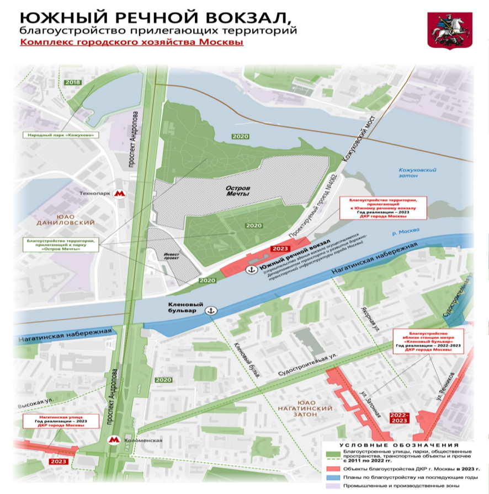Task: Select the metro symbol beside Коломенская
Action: coord(114,440)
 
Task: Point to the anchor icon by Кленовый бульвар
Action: coord(210,311)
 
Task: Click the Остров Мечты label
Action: coord(238,191)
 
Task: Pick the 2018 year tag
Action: coord(72,83)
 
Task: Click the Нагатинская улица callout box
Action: coord(61,422)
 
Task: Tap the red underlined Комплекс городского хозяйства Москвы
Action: coord(131,42)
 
